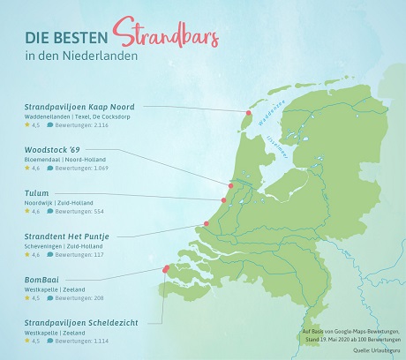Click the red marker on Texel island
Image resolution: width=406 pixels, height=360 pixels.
pos(249,114)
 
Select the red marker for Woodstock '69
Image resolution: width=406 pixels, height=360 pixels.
pos(229,186)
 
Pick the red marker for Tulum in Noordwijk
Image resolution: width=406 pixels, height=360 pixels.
pos(224,200)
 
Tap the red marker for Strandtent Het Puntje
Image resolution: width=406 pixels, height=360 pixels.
pos(207,224)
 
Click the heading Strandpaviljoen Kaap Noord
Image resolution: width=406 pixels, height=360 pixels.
pos(79,106)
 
